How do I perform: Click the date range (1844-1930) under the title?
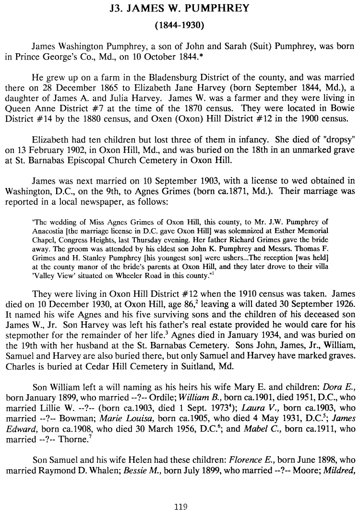[x=180, y=24]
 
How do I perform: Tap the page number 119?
[x=180, y=506]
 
